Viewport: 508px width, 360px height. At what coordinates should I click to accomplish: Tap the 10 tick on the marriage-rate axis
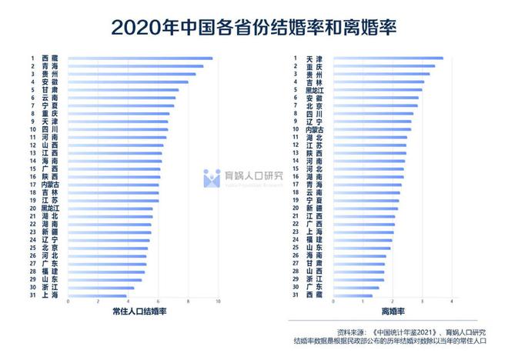tap(219, 302)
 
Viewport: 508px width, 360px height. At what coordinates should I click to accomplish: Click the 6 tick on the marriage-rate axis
tap(158, 302)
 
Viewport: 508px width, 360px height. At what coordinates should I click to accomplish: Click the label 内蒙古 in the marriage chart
tap(50, 185)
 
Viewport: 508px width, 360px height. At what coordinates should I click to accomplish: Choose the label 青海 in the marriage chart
tap(50, 66)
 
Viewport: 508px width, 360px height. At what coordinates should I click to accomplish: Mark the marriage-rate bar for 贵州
tap(132, 74)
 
